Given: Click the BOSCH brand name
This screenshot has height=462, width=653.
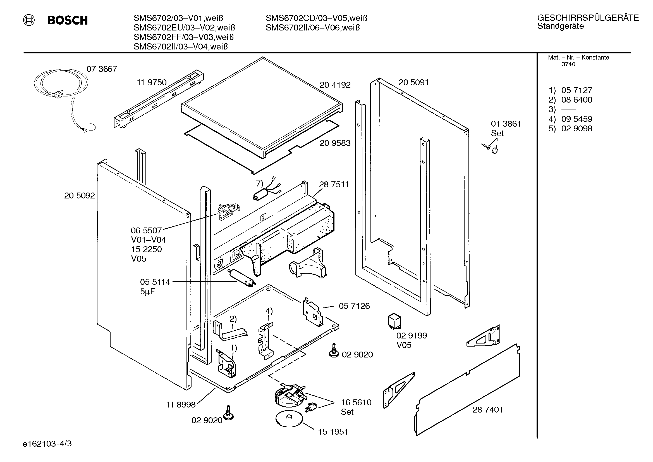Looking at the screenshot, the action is [x=67, y=20].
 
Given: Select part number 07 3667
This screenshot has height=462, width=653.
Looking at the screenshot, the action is [x=102, y=69].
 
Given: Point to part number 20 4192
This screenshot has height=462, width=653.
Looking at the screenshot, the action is [x=335, y=85].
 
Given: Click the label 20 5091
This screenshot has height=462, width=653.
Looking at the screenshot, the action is [x=413, y=82].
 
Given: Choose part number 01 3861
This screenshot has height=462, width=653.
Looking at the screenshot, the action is [x=506, y=124].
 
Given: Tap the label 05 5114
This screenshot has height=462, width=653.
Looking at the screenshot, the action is [x=155, y=282].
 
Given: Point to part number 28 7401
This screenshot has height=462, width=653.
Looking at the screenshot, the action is [x=488, y=410].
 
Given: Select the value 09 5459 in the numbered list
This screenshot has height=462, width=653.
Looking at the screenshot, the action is [x=577, y=119].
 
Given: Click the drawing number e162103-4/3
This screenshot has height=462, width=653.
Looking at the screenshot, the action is [x=47, y=444].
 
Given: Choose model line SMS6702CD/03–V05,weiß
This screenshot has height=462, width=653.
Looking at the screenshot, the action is [x=317, y=18].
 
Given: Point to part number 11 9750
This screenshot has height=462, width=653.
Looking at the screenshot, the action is [x=152, y=82].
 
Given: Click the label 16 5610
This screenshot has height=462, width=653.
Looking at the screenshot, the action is [x=356, y=402].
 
